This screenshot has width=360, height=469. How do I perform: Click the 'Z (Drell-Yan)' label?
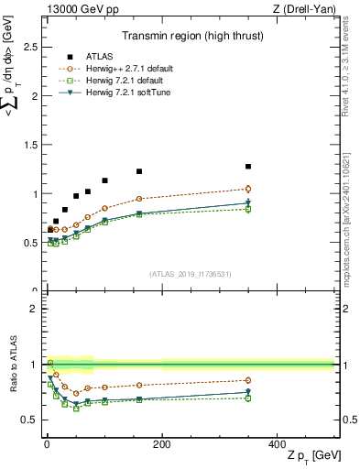point(308,7)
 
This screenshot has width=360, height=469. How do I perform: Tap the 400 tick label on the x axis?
point(276,444)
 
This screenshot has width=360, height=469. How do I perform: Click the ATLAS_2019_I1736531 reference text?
point(189,274)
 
